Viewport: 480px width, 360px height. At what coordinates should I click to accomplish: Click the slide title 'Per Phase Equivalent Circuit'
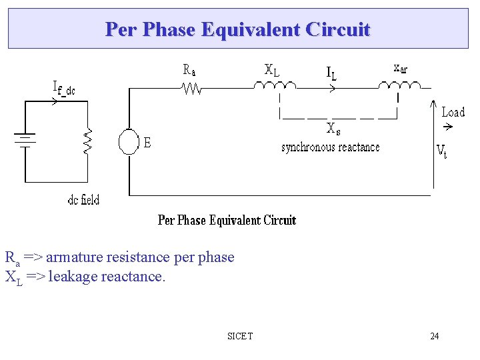(x=237, y=29)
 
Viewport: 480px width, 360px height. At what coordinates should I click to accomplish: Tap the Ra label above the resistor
(x=190, y=69)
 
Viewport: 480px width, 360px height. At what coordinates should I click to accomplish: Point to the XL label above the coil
(x=272, y=69)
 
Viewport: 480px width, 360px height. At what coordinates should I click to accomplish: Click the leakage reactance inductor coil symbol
(x=274, y=85)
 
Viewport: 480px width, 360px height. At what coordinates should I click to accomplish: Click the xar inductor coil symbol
(x=399, y=85)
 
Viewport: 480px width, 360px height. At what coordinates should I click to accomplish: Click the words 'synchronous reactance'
(x=330, y=147)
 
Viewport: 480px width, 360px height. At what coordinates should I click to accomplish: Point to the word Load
(x=453, y=112)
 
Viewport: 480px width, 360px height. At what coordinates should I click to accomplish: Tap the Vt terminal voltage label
(x=441, y=151)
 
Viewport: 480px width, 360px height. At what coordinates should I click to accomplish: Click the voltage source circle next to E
(x=128, y=141)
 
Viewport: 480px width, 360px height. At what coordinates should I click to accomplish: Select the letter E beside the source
(x=147, y=142)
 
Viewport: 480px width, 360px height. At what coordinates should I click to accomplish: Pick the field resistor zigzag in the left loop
(x=87, y=141)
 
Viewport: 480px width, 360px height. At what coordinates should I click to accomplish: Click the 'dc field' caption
(x=83, y=199)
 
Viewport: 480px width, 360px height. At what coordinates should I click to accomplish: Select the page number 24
(x=434, y=336)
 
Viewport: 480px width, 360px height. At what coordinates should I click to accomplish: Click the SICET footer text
(x=240, y=336)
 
